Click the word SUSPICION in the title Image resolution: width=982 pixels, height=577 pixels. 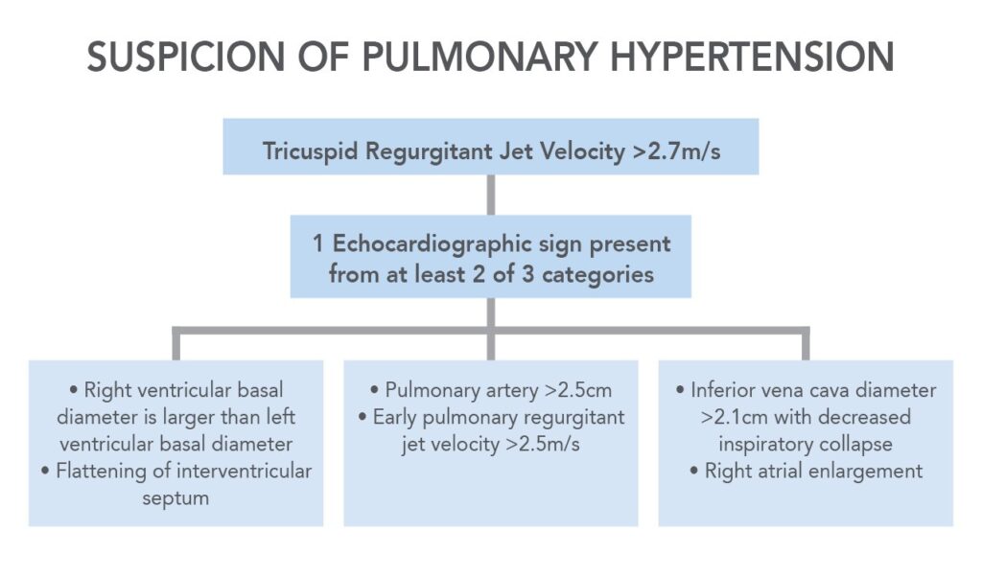point(186,57)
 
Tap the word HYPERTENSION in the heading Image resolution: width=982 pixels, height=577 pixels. point(752,57)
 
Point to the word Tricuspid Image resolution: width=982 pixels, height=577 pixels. point(310,152)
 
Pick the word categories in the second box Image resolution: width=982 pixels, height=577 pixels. point(597,275)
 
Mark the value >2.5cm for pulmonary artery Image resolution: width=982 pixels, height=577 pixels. point(578,390)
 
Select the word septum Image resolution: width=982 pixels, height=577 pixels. point(175,498)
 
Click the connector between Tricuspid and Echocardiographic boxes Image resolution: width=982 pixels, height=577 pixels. point(491,195)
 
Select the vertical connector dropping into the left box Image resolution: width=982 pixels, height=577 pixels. point(176,343)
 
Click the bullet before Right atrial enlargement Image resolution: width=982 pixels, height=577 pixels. point(694,471)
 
